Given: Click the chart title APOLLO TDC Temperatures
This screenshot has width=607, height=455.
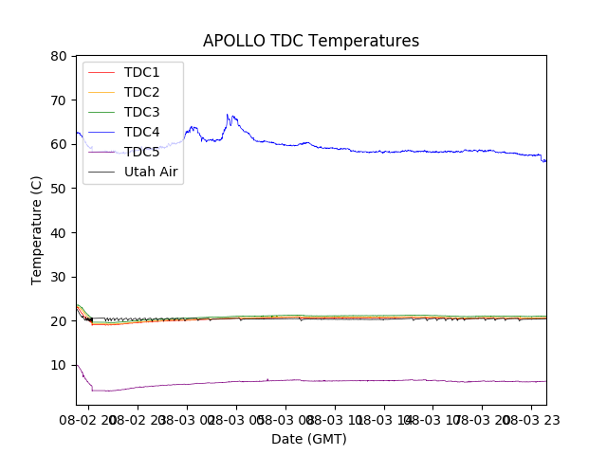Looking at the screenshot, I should [x=310, y=41].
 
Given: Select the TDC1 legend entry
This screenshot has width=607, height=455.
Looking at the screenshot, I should [x=141, y=72].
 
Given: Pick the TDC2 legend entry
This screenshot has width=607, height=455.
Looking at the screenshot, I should [x=141, y=92].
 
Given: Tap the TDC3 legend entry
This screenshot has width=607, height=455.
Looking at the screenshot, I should [x=141, y=112].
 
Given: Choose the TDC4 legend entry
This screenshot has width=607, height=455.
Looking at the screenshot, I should [x=141, y=132].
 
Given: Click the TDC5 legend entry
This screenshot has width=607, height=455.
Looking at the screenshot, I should [x=141, y=152].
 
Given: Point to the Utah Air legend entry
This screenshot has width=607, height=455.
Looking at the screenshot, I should [x=151, y=172].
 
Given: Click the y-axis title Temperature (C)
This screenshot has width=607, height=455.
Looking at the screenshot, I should [x=37, y=229].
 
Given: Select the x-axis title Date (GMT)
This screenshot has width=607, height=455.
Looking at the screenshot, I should [x=309, y=439].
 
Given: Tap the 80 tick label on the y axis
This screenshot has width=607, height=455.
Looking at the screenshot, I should [x=59, y=56].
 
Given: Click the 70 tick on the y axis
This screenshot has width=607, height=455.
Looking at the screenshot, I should [x=59, y=100].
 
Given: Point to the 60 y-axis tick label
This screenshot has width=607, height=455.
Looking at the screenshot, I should [x=59, y=144].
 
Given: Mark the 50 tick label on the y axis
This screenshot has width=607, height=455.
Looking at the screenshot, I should [x=59, y=189].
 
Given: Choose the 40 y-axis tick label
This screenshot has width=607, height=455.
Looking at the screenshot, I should [x=59, y=232].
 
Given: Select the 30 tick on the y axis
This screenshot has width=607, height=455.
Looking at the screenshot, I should [x=59, y=277].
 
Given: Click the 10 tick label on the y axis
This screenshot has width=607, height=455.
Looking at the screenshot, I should [x=59, y=365].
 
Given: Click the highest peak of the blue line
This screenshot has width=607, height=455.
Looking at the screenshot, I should [x=228, y=115].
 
